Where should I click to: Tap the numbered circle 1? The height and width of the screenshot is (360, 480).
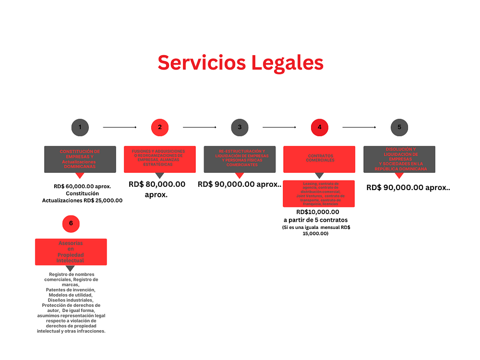coord(80,127)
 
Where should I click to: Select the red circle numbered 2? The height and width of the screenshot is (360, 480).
coord(159,127)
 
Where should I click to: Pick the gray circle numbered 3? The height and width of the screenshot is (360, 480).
coord(239,127)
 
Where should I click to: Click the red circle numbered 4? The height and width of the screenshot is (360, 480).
coord(319,127)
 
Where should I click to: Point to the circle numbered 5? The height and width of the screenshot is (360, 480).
coord(399,127)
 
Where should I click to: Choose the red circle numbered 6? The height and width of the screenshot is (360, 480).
coord(71,223)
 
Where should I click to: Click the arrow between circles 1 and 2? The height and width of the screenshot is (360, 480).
coord(120,127)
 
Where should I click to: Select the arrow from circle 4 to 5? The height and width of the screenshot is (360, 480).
coord(359,127)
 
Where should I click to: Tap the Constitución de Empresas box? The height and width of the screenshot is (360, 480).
coord(80,159)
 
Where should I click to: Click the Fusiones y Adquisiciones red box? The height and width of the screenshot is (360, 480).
coord(159,159)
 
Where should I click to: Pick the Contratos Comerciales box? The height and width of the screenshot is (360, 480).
coord(319,159)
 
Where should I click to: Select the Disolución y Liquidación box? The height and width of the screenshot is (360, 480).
coord(399,159)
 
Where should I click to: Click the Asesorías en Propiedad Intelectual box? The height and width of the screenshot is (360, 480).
coord(71,252)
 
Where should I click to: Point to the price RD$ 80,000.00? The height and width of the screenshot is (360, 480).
coord(157,184)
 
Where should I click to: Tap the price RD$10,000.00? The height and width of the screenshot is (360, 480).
coord(318,212)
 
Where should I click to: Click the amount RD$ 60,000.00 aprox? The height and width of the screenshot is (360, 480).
coord(82,186)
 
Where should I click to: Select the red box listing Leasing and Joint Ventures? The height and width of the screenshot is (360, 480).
coord(319,193)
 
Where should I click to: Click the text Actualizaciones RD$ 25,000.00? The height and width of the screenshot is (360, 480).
coord(82,200)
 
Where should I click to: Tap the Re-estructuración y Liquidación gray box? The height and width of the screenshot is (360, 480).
coord(239,159)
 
